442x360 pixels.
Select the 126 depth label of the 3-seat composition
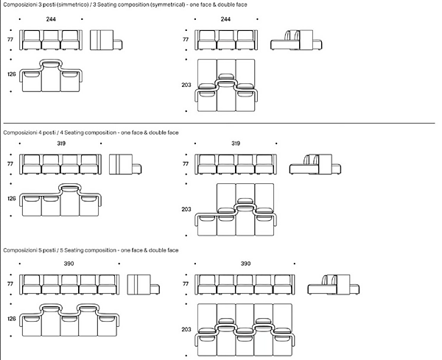tap(11, 74)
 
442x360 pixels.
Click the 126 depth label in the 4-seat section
tap(11, 199)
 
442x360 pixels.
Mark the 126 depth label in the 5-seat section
tap(11, 320)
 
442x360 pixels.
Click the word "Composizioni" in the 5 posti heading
tap(20, 250)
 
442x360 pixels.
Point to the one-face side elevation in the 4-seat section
tap(124, 164)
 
